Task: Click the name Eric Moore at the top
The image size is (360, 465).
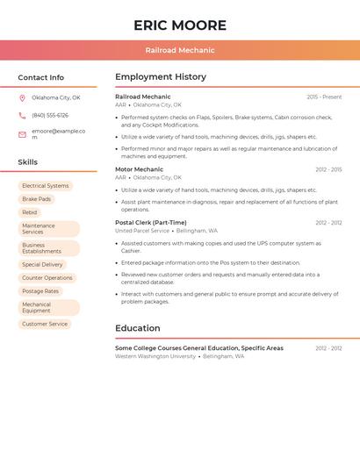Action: coord(180,25)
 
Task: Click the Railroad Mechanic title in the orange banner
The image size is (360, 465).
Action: coord(180,50)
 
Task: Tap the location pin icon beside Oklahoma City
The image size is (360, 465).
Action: coord(22,97)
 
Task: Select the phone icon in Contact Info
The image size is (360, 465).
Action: coord(22,115)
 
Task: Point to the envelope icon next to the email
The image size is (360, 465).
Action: coord(22,134)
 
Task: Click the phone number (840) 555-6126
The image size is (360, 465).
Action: coord(50,115)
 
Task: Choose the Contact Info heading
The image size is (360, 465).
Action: coord(40,77)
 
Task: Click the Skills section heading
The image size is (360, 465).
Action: coord(27,162)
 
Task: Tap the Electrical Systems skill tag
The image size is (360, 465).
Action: coord(45,186)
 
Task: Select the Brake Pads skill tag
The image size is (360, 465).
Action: coord(36,199)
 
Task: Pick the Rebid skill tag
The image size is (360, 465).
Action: coord(30,212)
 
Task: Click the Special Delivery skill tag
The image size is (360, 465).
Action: coord(42,264)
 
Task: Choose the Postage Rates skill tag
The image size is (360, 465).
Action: coord(40,290)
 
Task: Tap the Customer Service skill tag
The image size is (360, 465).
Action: coord(45,324)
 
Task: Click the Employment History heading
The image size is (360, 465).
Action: coord(161,77)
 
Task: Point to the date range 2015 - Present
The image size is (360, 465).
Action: coord(324,97)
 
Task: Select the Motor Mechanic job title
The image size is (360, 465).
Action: coord(139,169)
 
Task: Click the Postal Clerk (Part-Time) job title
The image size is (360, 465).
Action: coord(150,223)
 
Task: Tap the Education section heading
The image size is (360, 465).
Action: coord(137,328)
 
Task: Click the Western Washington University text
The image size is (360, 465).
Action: coord(155,356)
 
